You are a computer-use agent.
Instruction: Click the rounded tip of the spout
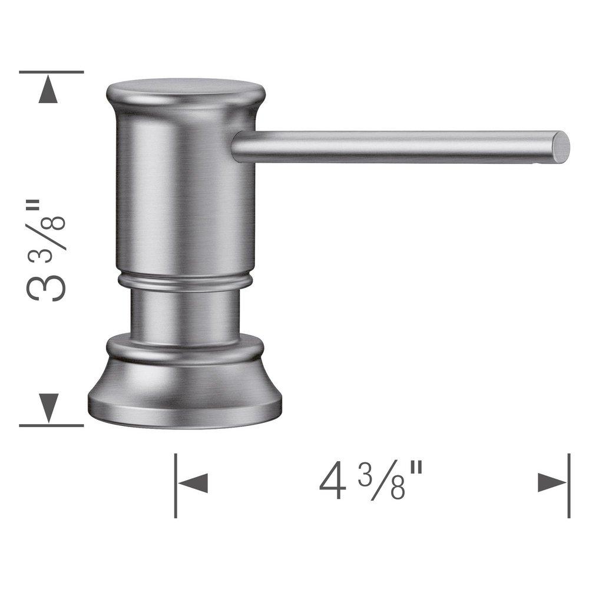(561, 147)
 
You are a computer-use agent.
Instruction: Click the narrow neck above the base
(184, 315)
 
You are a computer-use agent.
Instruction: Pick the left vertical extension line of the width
(176, 486)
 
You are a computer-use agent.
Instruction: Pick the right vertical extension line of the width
(569, 486)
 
